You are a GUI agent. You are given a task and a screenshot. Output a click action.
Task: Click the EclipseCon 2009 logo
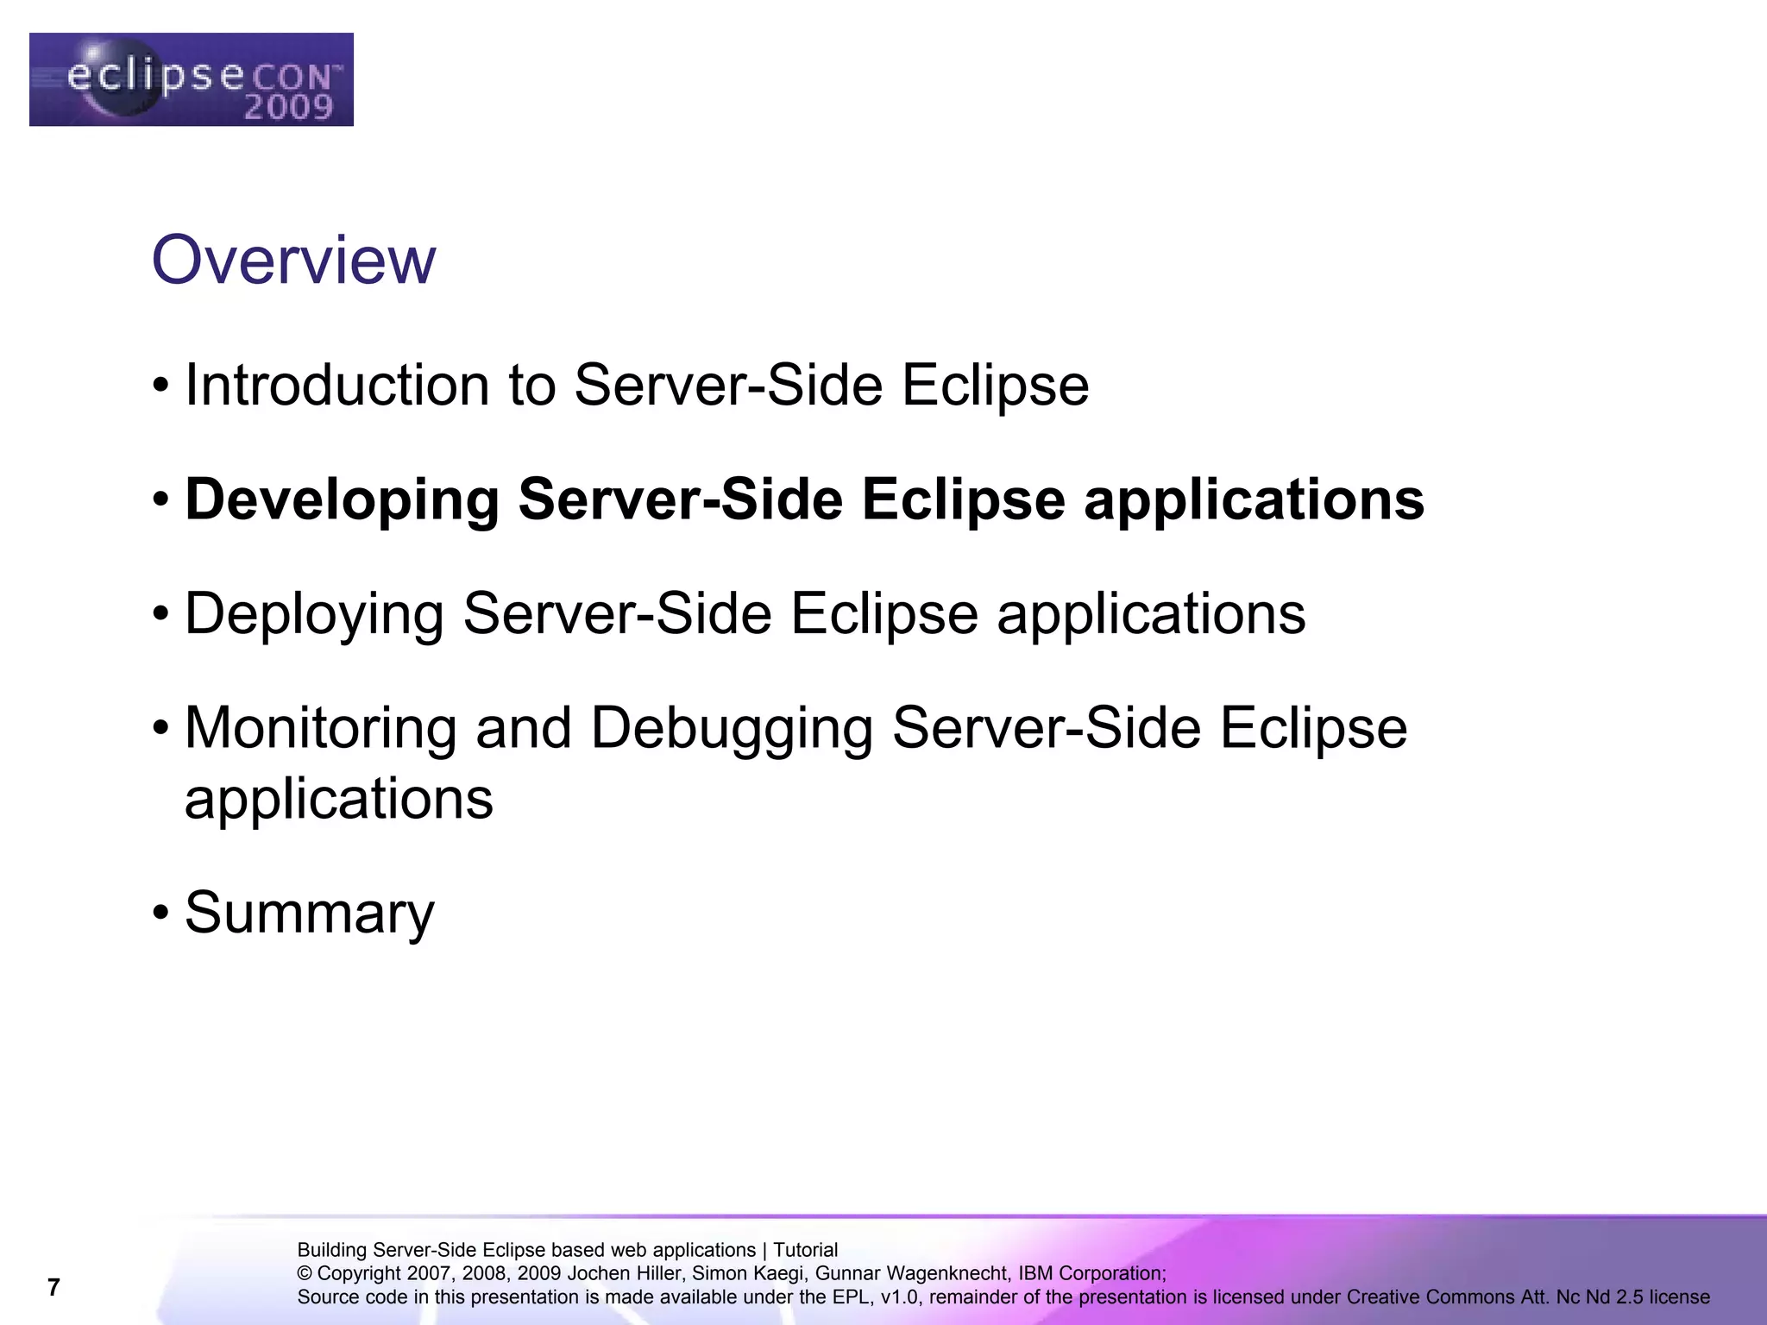click(191, 79)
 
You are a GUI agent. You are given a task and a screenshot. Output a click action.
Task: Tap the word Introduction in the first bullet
click(337, 385)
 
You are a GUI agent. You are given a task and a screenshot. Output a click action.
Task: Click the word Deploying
click(314, 614)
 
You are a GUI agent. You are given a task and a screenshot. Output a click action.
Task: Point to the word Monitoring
click(320, 728)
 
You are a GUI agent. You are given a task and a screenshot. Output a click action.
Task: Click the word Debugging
click(731, 728)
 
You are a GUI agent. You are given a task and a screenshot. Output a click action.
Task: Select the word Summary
click(309, 913)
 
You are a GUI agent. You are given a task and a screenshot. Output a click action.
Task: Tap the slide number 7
click(53, 1288)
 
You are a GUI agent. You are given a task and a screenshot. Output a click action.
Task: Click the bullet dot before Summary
click(160, 913)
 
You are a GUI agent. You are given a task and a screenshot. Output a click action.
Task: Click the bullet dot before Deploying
click(160, 614)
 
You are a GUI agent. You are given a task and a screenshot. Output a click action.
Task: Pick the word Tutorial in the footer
click(805, 1250)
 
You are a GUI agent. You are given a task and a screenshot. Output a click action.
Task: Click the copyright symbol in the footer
click(305, 1273)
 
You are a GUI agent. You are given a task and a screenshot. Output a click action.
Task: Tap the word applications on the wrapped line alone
click(339, 800)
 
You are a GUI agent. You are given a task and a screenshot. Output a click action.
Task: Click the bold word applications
click(1254, 500)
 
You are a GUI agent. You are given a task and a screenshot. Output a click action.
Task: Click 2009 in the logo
click(288, 108)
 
